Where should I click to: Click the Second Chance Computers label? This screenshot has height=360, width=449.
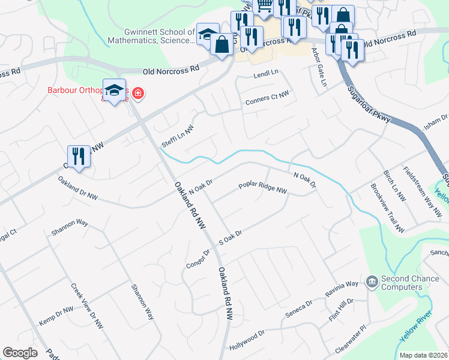point(402,283)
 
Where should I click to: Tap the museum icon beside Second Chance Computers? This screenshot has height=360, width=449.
point(372,280)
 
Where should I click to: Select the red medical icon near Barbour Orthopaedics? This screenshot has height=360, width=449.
point(138,93)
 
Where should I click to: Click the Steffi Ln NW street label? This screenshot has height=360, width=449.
point(179,137)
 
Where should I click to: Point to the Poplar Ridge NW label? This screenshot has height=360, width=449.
point(263,188)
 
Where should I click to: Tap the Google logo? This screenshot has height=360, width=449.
point(20,353)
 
